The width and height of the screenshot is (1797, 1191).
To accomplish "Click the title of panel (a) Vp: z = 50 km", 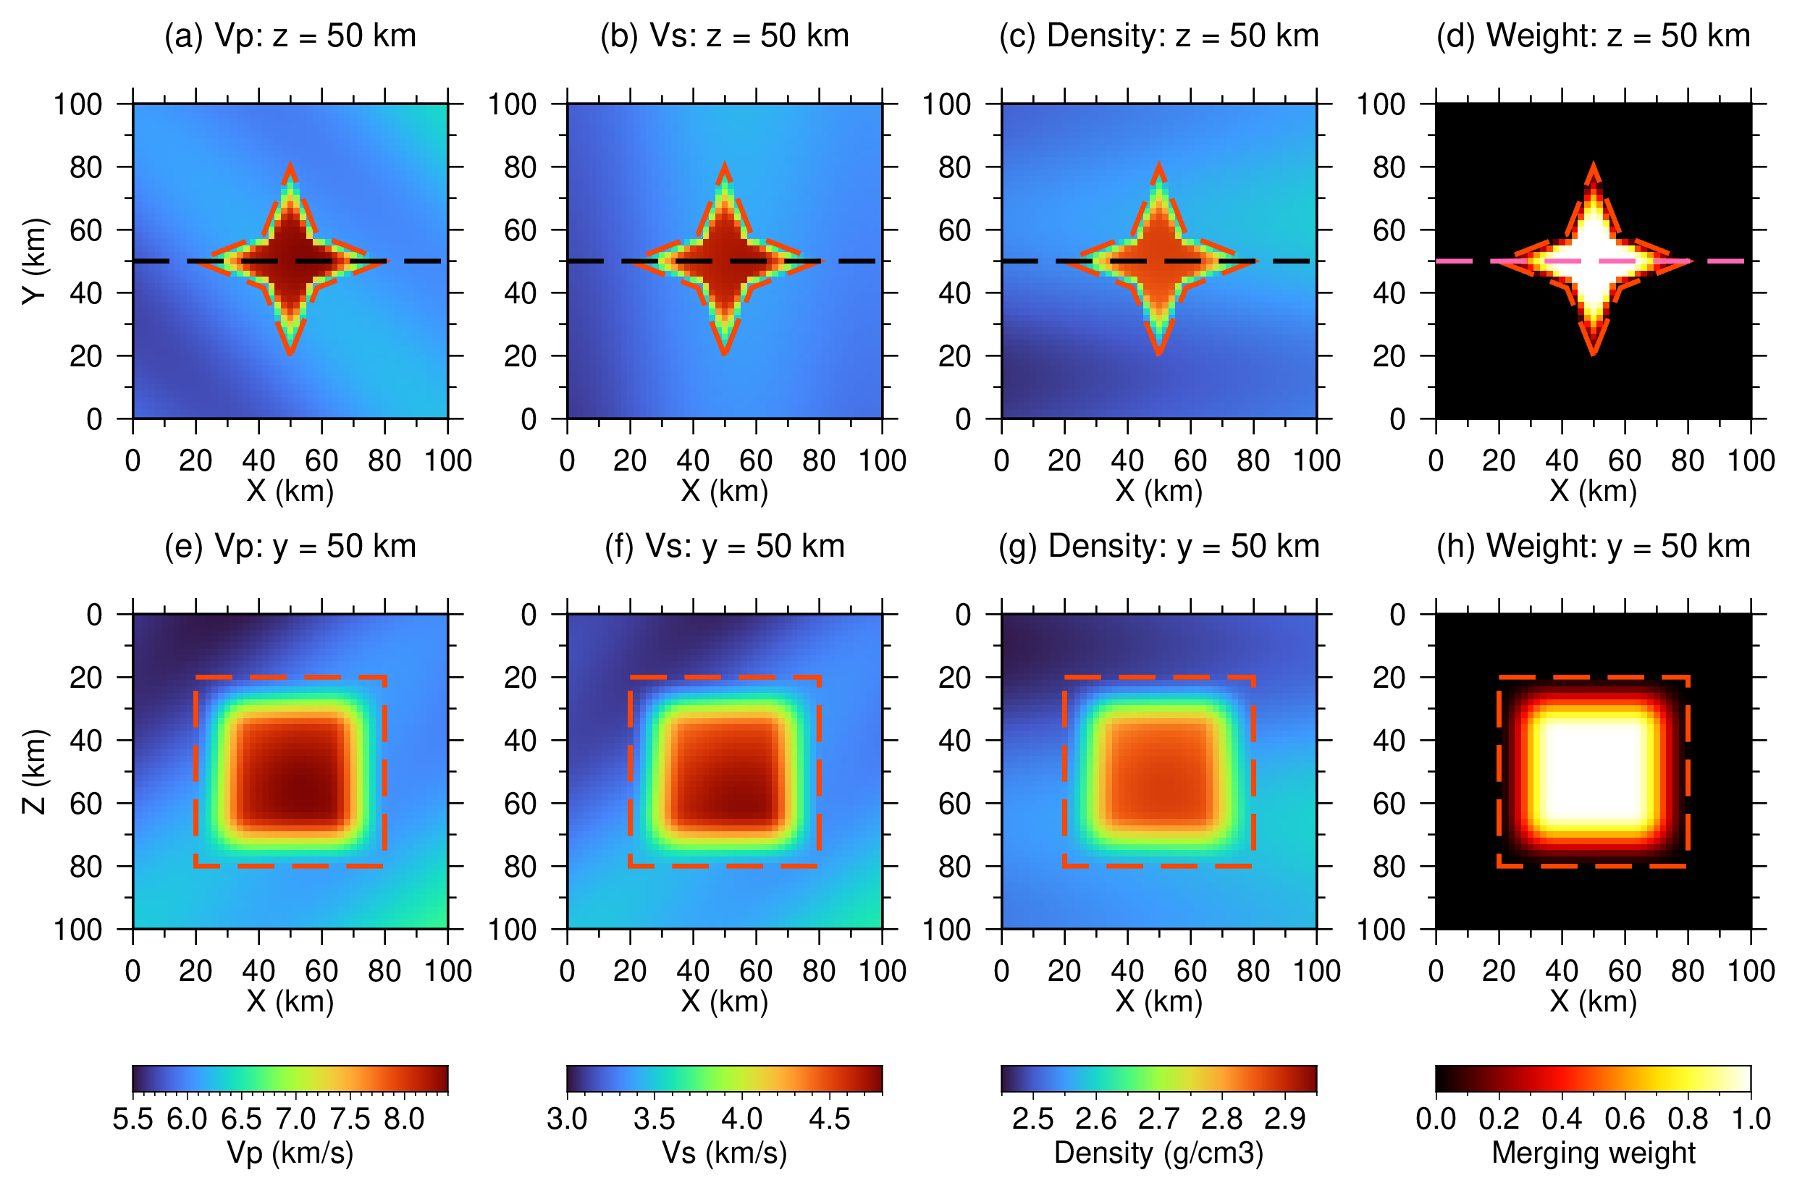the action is coord(290,36).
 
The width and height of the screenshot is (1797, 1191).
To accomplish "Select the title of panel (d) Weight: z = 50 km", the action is coord(1593,36).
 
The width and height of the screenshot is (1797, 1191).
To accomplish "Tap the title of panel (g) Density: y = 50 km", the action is coord(1159,547).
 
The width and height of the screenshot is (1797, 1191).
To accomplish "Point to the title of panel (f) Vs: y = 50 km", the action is coord(725,547).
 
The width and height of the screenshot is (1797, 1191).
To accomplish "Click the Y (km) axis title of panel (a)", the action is coord(35,261).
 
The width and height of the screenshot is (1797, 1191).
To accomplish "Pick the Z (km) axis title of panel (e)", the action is coord(35,771).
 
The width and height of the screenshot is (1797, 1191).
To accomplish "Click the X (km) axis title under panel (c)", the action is coord(1159,492).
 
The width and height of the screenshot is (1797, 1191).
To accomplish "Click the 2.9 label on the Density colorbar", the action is coord(1285,1119).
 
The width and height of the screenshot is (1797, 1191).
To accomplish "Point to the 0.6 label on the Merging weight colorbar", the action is coord(1625,1119).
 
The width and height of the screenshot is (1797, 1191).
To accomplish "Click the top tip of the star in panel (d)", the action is coord(1594,165).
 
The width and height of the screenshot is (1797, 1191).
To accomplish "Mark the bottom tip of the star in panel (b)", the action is coord(725,355).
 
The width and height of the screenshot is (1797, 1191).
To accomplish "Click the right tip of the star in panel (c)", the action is coord(1254,261).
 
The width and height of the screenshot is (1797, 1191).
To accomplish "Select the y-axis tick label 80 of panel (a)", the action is coord(85,167).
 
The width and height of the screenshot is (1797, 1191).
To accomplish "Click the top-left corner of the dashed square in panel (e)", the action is coord(196,677).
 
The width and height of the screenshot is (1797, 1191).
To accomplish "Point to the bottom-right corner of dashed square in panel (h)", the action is coord(1688,866).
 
